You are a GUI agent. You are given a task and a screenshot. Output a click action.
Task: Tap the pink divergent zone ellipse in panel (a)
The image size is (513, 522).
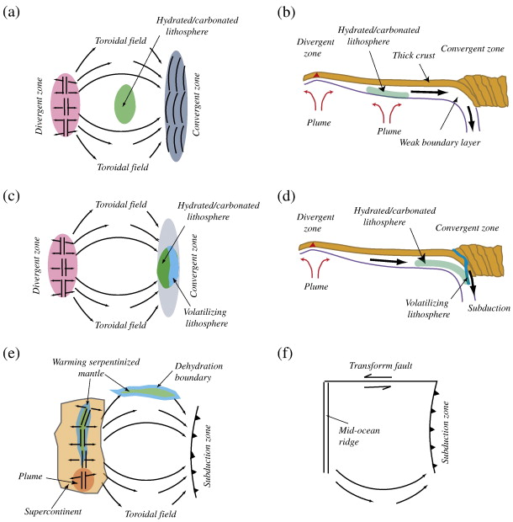click(x=65, y=104)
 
